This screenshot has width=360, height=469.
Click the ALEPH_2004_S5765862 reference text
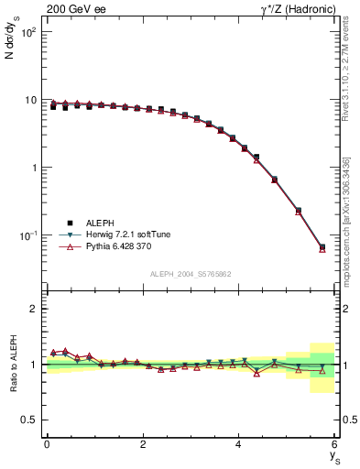click(x=190, y=274)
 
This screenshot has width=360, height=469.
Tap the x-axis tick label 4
click(x=238, y=444)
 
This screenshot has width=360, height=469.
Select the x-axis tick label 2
click(x=142, y=444)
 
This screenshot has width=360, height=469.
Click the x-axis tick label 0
click(x=47, y=444)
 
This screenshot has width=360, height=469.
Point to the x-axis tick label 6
click(x=334, y=444)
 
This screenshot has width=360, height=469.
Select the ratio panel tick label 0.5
click(x=29, y=420)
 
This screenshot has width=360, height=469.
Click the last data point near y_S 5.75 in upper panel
click(x=322, y=247)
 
